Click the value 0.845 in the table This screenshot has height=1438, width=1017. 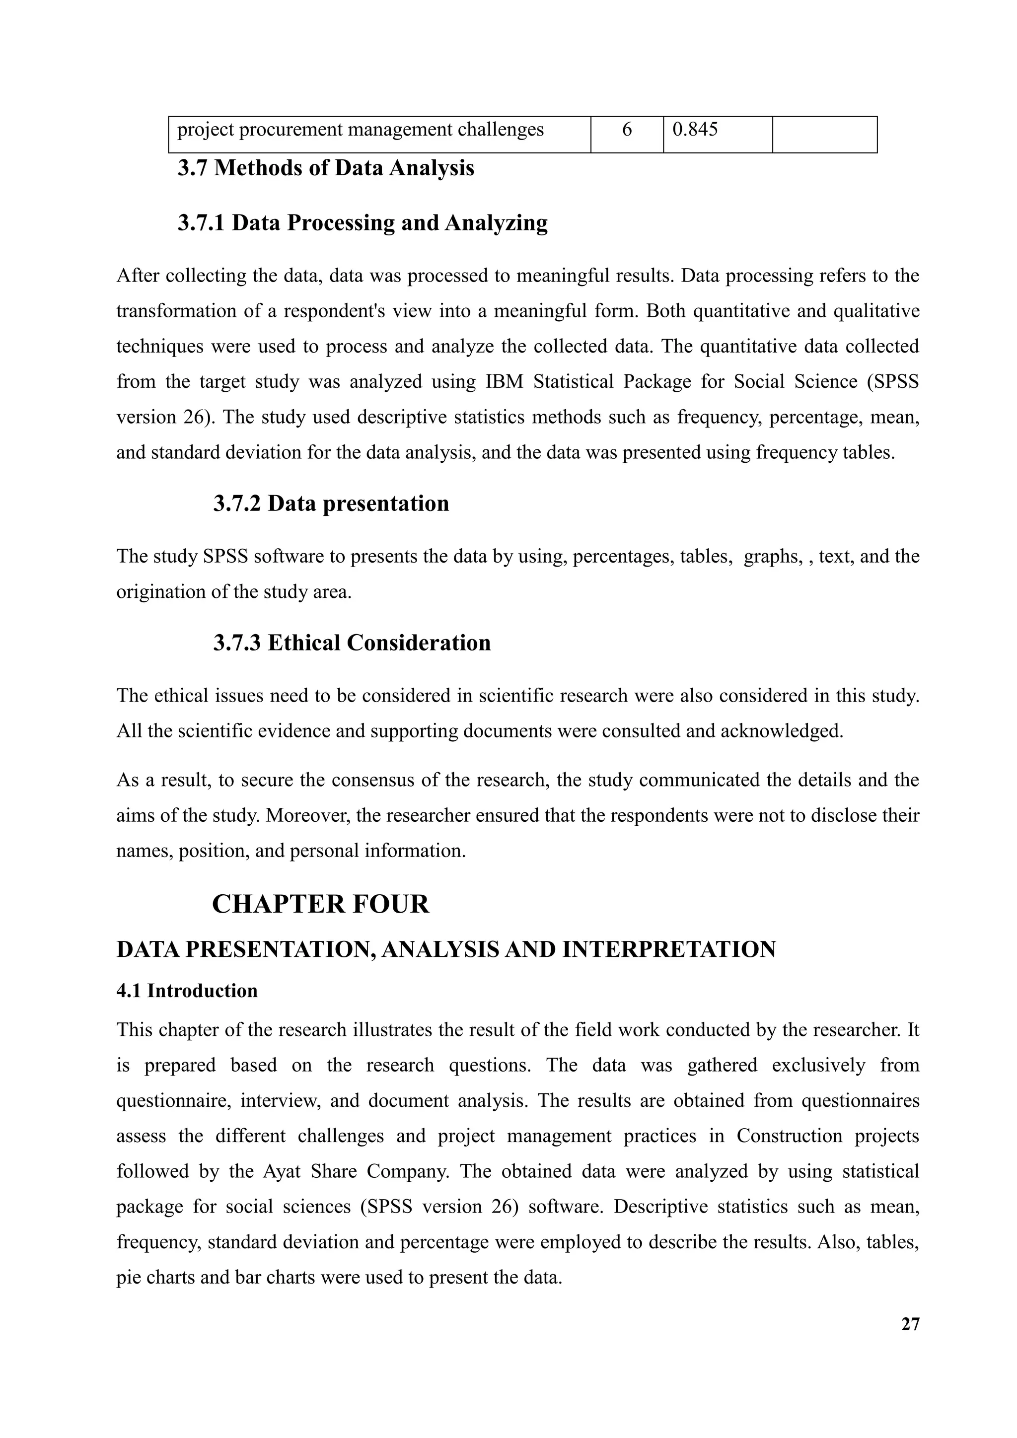click(695, 130)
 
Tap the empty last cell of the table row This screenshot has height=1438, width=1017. click(824, 134)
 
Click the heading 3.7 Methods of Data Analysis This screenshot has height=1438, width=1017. click(326, 168)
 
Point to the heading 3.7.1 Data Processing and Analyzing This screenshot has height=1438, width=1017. click(362, 222)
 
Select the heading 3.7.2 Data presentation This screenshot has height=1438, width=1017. click(331, 503)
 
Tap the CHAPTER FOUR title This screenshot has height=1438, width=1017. click(321, 904)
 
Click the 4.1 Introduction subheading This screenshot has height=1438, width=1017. click(187, 990)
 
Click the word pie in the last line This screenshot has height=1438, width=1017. click(129, 1277)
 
